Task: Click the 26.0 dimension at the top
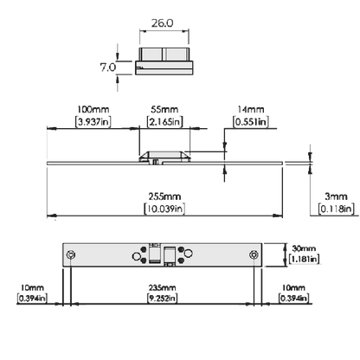(x=163, y=23)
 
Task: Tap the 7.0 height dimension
(x=108, y=67)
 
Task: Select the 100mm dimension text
(x=93, y=110)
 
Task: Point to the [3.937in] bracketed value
(x=93, y=122)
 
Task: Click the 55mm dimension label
(x=164, y=110)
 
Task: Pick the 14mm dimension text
(x=251, y=110)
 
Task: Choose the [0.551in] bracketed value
(x=251, y=122)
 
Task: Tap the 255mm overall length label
(x=164, y=196)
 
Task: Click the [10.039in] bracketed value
(x=164, y=209)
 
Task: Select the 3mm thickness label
(x=336, y=196)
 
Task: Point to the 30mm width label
(x=304, y=248)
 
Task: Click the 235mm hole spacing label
(x=162, y=287)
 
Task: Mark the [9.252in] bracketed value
(x=162, y=298)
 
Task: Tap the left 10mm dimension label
(x=32, y=287)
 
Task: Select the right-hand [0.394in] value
(x=293, y=298)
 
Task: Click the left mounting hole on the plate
(x=71, y=255)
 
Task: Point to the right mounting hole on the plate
(x=254, y=255)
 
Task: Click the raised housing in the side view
(x=164, y=156)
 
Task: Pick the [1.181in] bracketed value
(x=305, y=259)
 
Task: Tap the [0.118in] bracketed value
(x=337, y=209)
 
